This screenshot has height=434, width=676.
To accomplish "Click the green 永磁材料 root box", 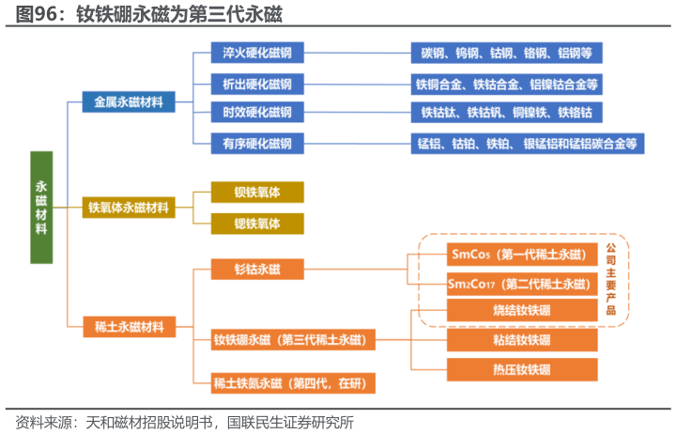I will (x=41, y=207).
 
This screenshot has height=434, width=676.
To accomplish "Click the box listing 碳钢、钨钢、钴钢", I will (x=506, y=54).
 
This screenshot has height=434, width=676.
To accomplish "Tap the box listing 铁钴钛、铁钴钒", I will (x=506, y=114).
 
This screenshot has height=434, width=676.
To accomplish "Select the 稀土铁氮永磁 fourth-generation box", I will (x=294, y=382).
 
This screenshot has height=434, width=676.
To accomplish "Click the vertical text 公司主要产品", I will (x=611, y=279).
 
